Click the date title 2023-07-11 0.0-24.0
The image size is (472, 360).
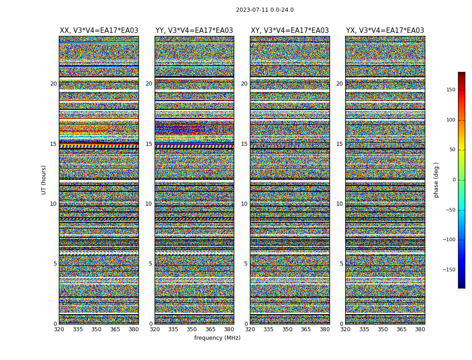(265, 10)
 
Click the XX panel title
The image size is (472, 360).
(99, 31)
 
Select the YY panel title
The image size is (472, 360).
(194, 31)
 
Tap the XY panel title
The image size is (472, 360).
(289, 31)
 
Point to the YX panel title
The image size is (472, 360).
(385, 31)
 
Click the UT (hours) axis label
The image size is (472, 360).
(44, 180)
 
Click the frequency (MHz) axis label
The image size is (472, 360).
(217, 338)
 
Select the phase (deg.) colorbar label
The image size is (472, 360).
(436, 180)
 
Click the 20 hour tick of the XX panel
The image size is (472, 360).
(53, 84)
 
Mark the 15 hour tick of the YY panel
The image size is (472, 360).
(149, 144)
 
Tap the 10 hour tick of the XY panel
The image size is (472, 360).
(244, 204)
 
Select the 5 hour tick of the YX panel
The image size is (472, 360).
(341, 264)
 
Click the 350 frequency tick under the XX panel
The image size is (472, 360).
(96, 329)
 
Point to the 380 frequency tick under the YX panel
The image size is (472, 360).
(420, 329)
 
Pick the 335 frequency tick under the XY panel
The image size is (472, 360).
(268, 329)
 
